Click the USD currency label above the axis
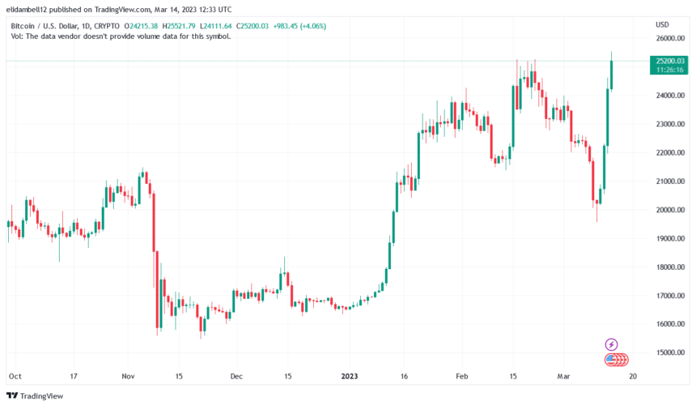pos(662,24)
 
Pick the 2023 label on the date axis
pos(350,376)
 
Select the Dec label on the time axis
pos(236,376)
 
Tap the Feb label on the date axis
pos(461,376)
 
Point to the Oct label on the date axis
pos(14,376)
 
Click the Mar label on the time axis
pos(563,376)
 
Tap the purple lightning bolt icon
pos(612,344)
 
